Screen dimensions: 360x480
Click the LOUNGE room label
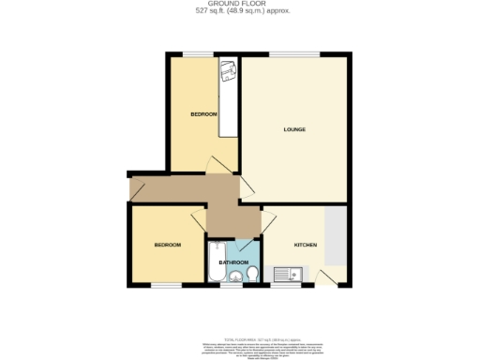[295, 129]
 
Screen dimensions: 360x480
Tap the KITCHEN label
[306, 245]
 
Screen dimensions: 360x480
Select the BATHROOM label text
[233, 262]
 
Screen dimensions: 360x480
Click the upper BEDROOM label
[203, 114]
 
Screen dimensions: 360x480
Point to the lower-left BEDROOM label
[167, 245]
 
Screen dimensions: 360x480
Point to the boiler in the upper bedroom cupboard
[228, 70]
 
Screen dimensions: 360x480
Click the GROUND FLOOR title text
[240, 5]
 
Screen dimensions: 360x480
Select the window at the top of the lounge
[294, 54]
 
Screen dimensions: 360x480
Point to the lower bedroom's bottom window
[167, 285]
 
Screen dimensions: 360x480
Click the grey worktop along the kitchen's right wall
[337, 239]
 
